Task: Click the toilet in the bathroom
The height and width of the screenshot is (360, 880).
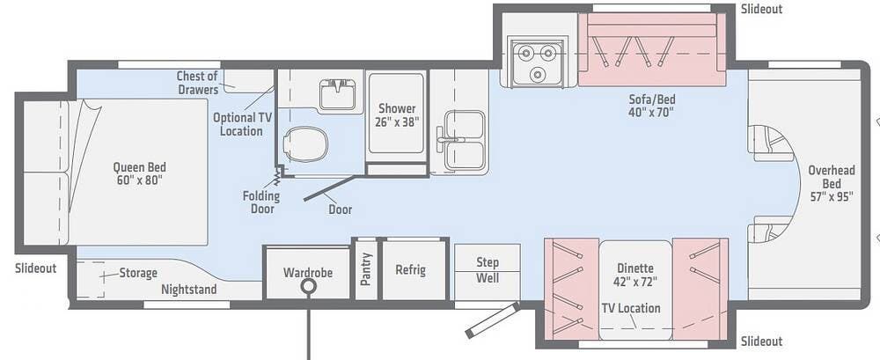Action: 305,144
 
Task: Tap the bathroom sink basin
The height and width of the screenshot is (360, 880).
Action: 337,94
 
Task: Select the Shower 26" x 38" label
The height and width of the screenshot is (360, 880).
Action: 397,114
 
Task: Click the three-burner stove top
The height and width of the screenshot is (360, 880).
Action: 536,62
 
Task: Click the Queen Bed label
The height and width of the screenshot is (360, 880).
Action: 139,173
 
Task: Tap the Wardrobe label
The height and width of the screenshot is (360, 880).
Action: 307,273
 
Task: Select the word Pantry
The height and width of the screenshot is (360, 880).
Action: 366,269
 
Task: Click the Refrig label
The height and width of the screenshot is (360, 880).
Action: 410,269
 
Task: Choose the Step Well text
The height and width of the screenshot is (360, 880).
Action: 488,270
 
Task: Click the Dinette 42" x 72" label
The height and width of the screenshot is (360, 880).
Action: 635,276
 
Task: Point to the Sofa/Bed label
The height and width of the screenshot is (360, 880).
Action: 651,106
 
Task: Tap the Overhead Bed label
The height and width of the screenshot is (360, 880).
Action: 832,183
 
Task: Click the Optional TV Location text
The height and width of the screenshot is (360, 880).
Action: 241,124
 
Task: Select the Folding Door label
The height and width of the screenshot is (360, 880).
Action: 261,202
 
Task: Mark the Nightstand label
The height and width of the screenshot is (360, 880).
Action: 188,290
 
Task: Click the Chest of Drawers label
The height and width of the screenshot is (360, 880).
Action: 197,83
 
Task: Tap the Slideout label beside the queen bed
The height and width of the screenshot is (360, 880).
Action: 36,268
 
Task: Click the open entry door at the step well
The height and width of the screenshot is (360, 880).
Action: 493,320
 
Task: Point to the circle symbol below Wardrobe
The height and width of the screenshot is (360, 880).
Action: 307,287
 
